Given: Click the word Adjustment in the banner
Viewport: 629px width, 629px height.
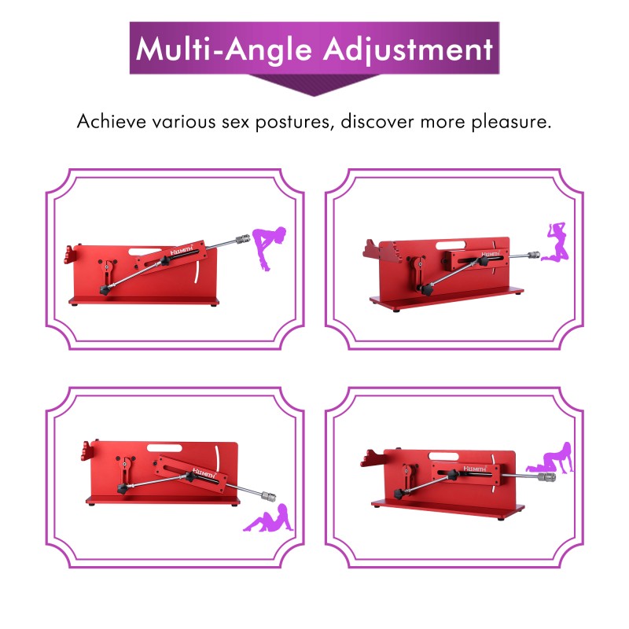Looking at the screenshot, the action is (408, 50).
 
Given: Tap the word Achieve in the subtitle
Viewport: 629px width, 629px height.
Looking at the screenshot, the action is (112, 121).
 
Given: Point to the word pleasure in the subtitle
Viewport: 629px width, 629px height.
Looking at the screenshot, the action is (511, 122).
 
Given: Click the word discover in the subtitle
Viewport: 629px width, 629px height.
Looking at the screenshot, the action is (377, 121).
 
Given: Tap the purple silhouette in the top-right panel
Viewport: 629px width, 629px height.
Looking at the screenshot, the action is (555, 242).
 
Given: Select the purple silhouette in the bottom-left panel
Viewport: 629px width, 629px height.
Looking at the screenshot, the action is (268, 518).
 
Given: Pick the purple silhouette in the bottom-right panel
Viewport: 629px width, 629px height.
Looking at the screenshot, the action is (550, 458).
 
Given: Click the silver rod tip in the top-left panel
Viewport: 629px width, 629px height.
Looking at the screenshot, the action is (242, 240).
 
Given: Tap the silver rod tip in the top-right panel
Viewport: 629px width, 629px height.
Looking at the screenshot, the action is (533, 255).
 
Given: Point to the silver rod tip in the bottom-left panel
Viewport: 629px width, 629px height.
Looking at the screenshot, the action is (268, 496).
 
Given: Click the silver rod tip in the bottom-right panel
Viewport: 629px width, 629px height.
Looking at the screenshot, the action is (546, 477).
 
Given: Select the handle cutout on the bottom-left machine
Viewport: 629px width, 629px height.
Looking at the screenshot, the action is (164, 447).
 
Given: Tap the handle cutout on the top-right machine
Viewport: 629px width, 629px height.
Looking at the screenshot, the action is (451, 245).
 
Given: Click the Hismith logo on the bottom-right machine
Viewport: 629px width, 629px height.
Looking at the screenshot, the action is (475, 469).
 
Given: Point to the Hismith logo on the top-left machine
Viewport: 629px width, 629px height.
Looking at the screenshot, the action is (182, 251).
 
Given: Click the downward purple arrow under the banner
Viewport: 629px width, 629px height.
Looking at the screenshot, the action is (314, 85).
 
